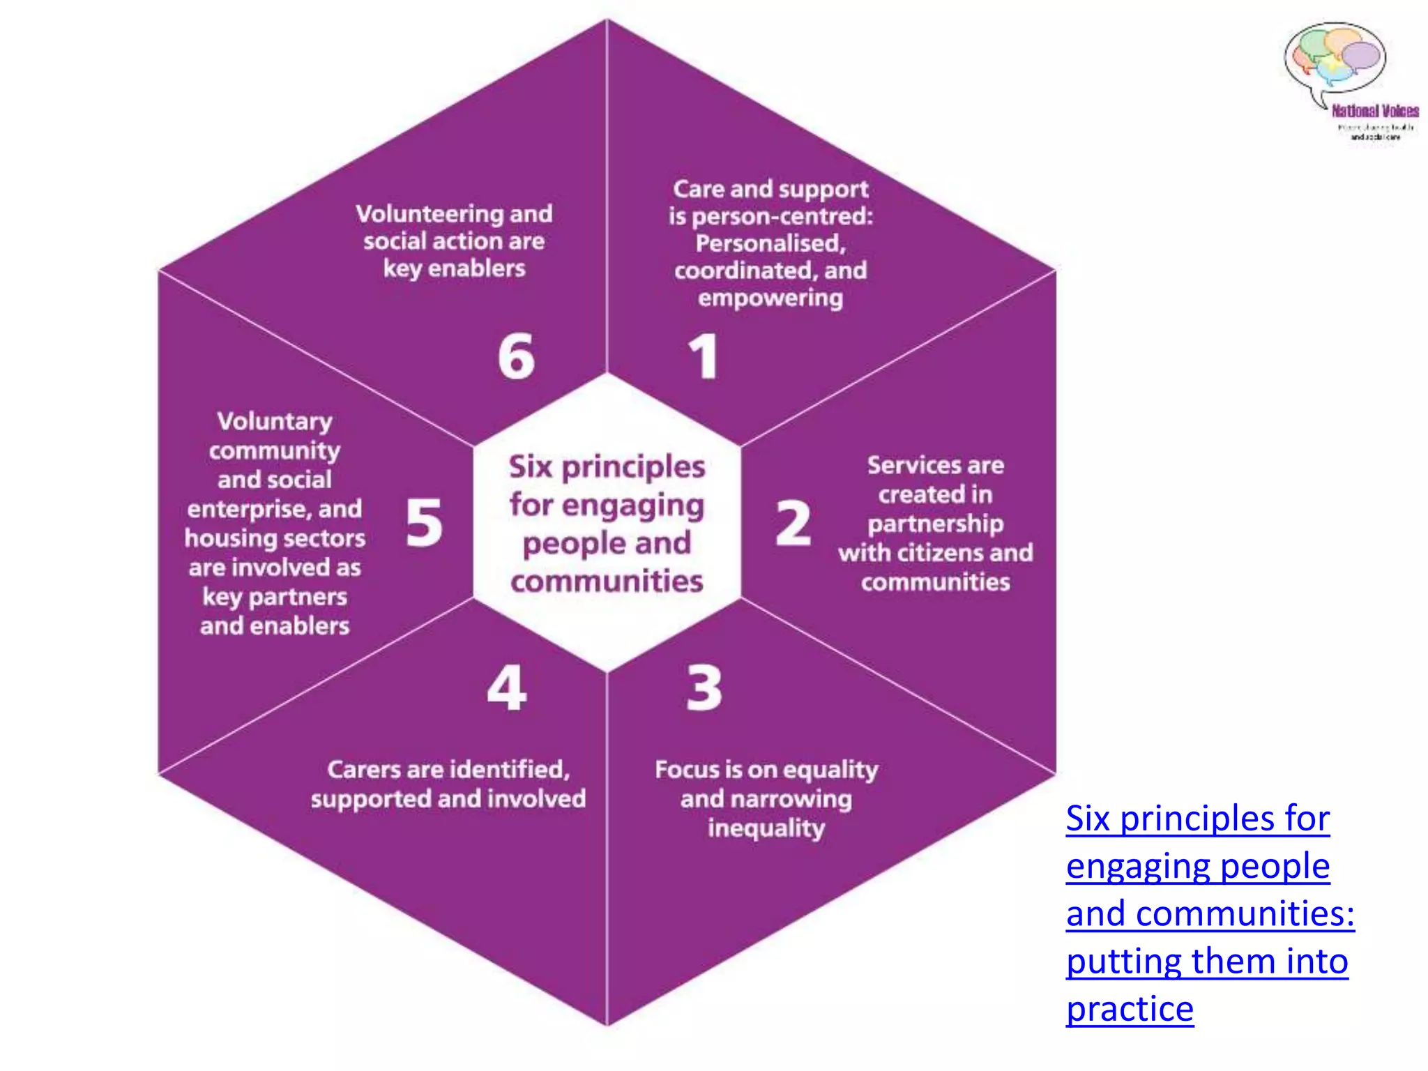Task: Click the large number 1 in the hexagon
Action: pyautogui.click(x=704, y=356)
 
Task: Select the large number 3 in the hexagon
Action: pyautogui.click(x=704, y=688)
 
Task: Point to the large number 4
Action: pyautogui.click(x=507, y=688)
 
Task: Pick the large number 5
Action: pyautogui.click(x=424, y=522)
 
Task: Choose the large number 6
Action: pyautogui.click(x=516, y=356)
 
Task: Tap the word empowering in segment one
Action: pyautogui.click(x=770, y=298)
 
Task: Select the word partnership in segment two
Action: pyautogui.click(x=935, y=524)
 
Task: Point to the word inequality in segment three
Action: pyautogui.click(x=766, y=828)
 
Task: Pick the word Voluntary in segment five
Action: pyautogui.click(x=275, y=421)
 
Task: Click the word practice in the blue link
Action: pyautogui.click(x=1130, y=1009)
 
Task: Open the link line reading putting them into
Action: pyautogui.click(x=1207, y=961)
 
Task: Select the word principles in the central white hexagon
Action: pyautogui.click(x=633, y=467)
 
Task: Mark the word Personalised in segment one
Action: pyautogui.click(x=770, y=243)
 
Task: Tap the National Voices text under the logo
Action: pyautogui.click(x=1375, y=111)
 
